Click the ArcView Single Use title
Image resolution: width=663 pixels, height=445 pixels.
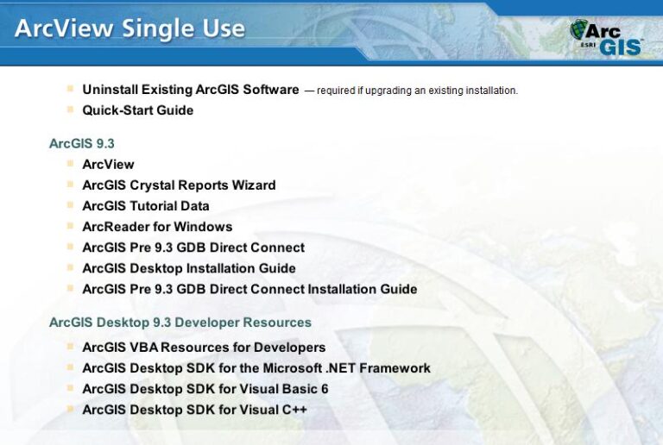(129, 29)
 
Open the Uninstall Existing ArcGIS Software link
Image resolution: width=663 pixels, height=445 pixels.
(190, 90)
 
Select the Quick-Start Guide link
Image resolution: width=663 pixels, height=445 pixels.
(137, 110)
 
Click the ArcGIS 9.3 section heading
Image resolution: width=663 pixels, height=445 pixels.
(82, 143)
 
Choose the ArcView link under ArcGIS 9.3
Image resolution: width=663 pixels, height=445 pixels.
(108, 164)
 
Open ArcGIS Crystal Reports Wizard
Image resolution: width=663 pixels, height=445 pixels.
(179, 185)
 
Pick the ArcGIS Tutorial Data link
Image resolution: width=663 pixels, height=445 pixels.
(145, 205)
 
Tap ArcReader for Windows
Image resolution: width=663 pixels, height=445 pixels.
(157, 227)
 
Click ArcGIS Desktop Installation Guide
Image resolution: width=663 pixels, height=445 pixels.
(188, 268)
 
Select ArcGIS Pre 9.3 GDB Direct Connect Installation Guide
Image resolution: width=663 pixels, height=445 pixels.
(249, 289)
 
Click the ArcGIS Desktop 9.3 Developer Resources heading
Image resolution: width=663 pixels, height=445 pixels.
(180, 323)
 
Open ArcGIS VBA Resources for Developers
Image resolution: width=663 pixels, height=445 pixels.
(204, 348)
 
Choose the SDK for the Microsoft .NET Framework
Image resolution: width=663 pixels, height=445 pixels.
(256, 368)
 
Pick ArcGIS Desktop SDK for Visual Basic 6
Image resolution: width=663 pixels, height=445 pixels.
(205, 389)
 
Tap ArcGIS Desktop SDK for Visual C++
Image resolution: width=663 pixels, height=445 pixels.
(194, 410)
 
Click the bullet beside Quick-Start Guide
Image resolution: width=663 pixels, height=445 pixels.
(70, 110)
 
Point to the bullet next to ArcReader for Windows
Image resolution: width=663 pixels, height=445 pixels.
(70, 226)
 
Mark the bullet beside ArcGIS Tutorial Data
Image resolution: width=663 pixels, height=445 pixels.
(70, 205)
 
